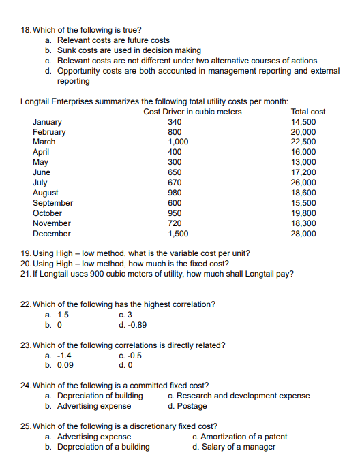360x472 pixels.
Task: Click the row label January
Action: coord(46,122)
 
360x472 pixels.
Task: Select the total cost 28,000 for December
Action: coord(303,234)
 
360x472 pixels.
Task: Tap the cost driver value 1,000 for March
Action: coord(178,142)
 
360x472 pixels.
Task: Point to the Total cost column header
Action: coord(308,112)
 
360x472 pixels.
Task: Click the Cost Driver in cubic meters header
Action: coord(193,112)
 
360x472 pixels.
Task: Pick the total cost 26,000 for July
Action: coord(303,183)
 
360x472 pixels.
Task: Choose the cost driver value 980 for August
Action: coord(175,193)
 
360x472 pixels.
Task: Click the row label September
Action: coord(52,203)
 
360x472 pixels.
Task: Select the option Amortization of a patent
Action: coord(244,437)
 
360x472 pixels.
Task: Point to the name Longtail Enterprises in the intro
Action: coord(56,101)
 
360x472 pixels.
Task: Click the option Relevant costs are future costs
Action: coord(113,41)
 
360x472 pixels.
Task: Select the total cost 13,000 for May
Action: coord(303,162)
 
